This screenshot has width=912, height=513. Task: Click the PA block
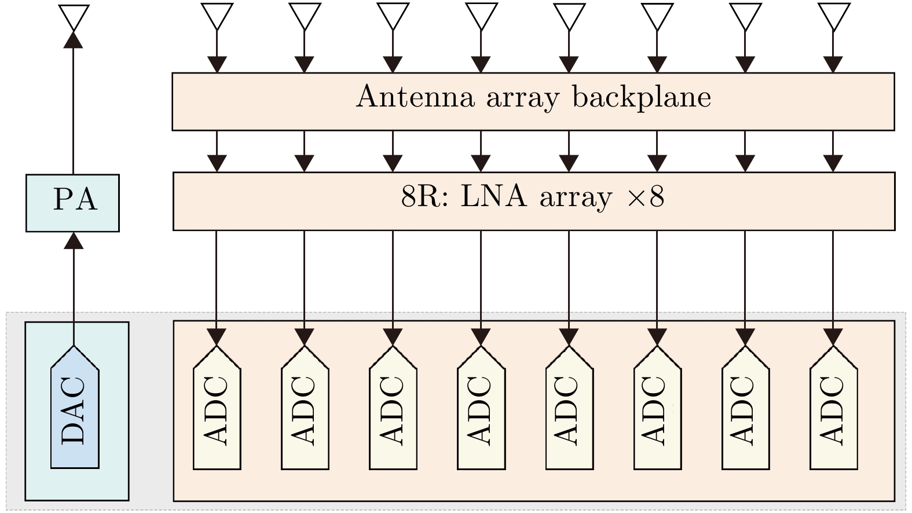click(x=72, y=203)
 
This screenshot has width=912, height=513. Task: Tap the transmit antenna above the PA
click(x=75, y=16)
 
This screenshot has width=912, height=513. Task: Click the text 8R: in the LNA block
click(x=424, y=197)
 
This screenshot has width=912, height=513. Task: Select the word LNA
click(x=494, y=197)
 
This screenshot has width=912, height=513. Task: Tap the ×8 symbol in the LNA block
click(x=646, y=197)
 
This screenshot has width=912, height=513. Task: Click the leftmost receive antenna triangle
click(x=217, y=16)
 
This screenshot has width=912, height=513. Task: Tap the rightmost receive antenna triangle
click(x=833, y=16)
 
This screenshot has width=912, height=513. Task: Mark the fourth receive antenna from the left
click(x=481, y=16)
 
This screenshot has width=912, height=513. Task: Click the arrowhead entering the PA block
click(x=73, y=240)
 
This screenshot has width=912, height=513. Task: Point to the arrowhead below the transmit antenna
click(x=73, y=39)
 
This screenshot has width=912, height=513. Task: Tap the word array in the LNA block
click(x=576, y=199)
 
